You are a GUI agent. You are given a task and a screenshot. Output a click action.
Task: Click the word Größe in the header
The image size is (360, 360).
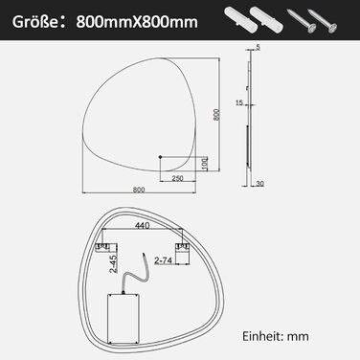coord(33,22)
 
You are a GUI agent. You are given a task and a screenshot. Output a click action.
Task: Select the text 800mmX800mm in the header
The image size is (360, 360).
coord(137,22)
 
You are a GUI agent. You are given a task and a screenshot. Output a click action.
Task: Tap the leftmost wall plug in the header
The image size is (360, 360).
coord(237,18)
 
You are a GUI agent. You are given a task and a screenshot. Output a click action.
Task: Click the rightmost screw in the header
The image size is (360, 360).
coord(323,21)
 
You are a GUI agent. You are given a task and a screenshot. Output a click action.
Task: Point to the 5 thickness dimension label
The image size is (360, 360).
coord(258,47)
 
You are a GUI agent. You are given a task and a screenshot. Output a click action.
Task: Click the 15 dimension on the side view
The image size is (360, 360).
coord(239,102)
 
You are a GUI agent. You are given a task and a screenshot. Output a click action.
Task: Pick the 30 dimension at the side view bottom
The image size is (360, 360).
coord(259,184)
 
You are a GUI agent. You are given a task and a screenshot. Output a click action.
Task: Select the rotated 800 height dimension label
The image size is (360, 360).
coord(216,115)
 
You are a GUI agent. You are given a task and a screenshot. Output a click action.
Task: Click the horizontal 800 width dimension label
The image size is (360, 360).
coord(139,190)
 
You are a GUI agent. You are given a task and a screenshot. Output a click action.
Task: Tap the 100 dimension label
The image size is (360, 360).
coord(205,163)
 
